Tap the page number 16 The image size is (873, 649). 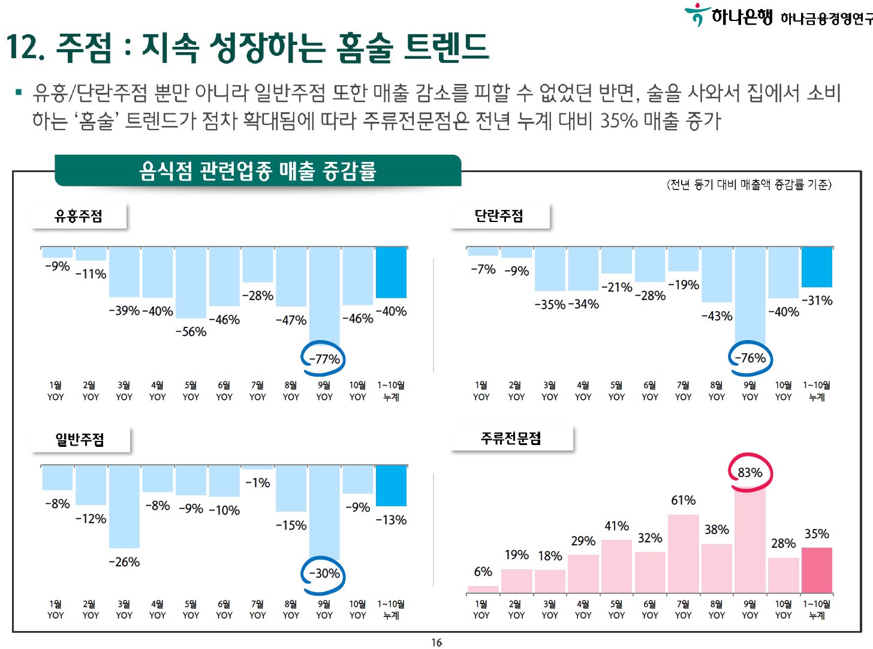[436, 642]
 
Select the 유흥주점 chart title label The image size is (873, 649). [79, 216]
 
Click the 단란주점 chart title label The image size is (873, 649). [499, 216]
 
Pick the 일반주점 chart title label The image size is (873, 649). [80, 440]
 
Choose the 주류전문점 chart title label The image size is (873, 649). [511, 438]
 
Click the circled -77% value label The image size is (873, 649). [324, 359]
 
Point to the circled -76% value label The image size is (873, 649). [750, 358]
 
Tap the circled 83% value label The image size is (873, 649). [749, 473]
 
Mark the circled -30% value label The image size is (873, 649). [324, 573]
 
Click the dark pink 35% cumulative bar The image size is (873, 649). [817, 569]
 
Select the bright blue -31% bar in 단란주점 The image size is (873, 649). [817, 267]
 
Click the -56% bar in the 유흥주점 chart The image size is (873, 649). [191, 283]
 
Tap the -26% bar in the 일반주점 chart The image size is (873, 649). [124, 507]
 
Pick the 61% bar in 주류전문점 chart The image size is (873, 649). [684, 553]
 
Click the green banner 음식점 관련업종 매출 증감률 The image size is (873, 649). [258, 171]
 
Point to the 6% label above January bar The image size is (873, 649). [483, 572]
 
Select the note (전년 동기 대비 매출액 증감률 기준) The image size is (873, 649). [749, 185]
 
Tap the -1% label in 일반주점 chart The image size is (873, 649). [258, 483]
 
